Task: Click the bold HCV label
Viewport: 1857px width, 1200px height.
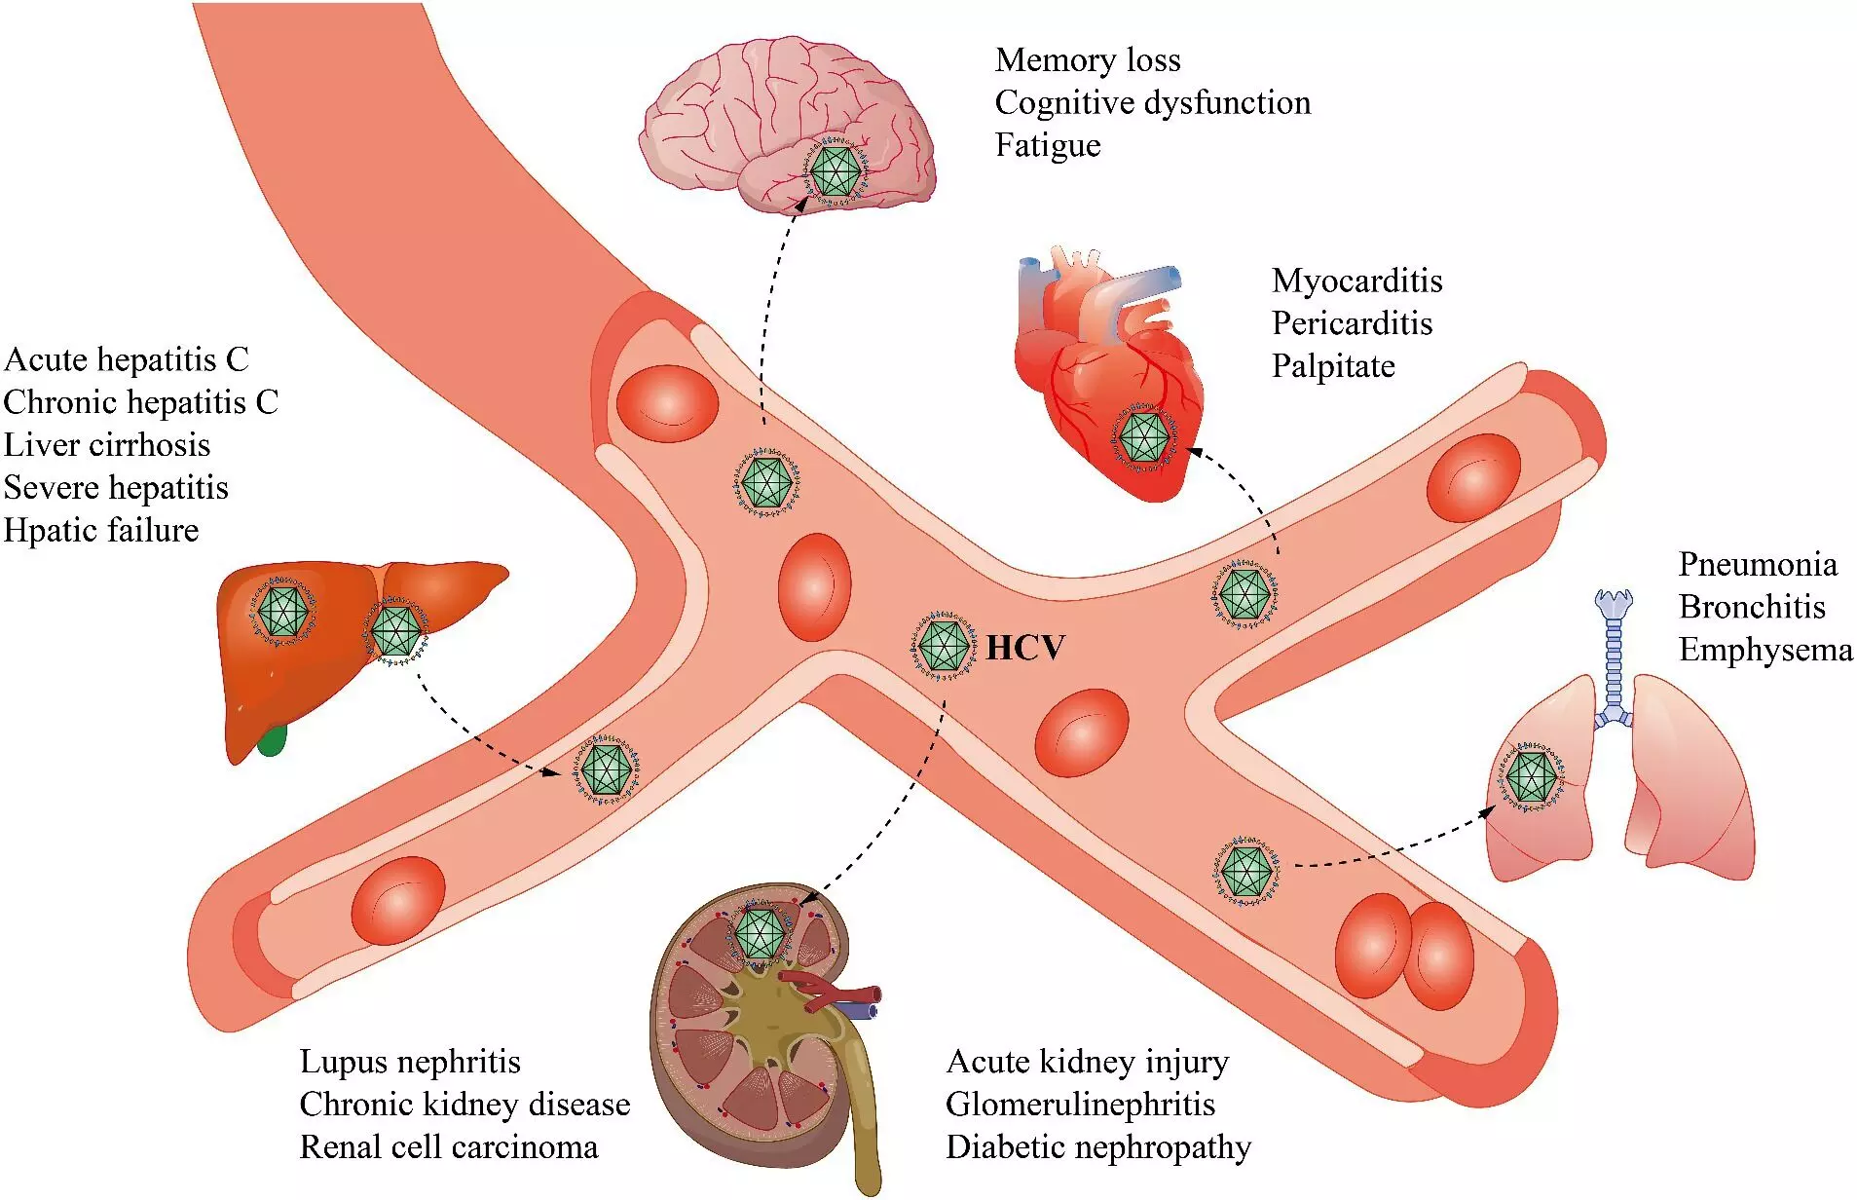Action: tap(1025, 648)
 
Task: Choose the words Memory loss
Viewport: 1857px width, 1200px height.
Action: tap(1088, 60)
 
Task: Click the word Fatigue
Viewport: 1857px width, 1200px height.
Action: tap(1048, 145)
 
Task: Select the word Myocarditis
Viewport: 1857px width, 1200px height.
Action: tap(1356, 281)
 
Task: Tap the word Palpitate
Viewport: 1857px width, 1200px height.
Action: tap(1333, 366)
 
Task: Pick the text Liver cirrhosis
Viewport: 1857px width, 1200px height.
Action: tap(107, 445)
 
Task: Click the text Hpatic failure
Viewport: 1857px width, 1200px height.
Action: tap(101, 531)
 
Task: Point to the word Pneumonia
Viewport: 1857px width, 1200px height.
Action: tap(1758, 564)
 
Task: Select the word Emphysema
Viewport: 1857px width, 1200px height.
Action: tap(1765, 650)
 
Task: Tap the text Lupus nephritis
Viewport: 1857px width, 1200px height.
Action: tap(410, 1062)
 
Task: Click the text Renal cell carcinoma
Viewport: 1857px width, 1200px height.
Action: tap(449, 1147)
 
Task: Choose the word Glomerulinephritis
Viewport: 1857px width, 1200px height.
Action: tap(1080, 1105)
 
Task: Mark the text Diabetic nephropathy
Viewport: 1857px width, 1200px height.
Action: tap(1098, 1147)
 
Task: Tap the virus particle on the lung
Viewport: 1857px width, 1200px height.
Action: tap(1532, 777)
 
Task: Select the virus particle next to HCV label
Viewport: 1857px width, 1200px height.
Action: tap(944, 645)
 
